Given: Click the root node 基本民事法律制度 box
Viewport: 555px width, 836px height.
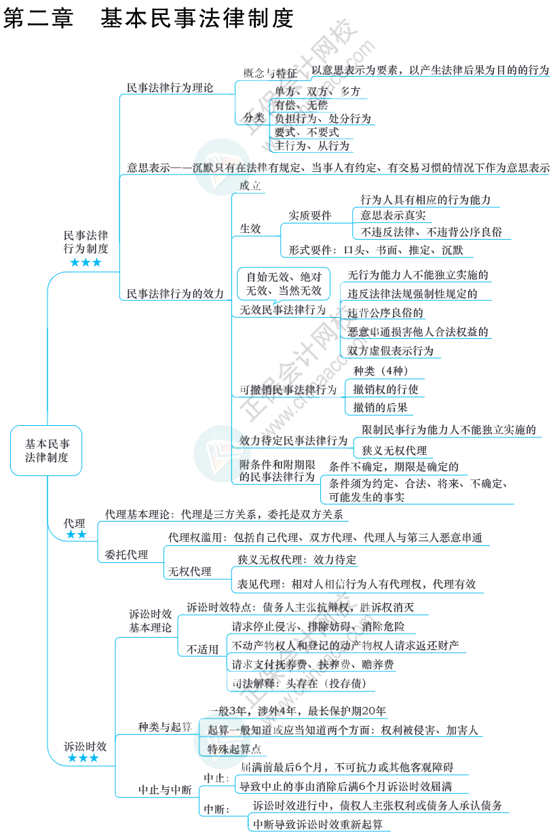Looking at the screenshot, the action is [x=46, y=450].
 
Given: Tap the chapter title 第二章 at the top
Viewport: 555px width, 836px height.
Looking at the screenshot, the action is [x=39, y=18].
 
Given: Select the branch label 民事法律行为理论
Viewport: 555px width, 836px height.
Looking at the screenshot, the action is [x=170, y=88].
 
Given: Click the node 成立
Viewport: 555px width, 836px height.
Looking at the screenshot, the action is [x=250, y=185].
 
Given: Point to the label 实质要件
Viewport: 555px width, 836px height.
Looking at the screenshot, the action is [x=309, y=215].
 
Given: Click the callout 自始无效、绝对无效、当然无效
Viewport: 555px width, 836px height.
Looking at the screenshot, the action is [x=284, y=284].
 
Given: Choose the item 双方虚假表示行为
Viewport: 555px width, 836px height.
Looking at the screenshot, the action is [x=390, y=351].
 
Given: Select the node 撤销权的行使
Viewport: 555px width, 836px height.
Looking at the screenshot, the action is [x=385, y=389].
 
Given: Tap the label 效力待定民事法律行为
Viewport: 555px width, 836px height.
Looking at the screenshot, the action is [x=293, y=440].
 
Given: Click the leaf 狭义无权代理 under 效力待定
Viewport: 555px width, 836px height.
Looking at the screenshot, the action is [x=394, y=450].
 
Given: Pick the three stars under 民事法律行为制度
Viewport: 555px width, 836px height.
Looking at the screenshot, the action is [x=85, y=262].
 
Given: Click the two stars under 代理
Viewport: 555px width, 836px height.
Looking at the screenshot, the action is [x=76, y=535].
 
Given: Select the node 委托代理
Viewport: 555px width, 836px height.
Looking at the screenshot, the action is [x=126, y=555].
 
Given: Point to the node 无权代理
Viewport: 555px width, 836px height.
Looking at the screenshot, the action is [x=189, y=571].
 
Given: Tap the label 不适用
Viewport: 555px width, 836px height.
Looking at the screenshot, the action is [x=202, y=649].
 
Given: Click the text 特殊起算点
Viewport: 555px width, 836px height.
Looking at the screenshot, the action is [x=234, y=749].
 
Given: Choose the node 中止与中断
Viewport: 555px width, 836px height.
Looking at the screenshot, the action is [x=165, y=790].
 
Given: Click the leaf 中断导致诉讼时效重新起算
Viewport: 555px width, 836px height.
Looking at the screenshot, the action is [x=318, y=824].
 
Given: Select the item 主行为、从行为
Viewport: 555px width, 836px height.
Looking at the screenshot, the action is [x=312, y=145].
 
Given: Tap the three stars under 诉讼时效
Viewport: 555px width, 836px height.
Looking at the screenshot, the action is [x=83, y=758].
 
